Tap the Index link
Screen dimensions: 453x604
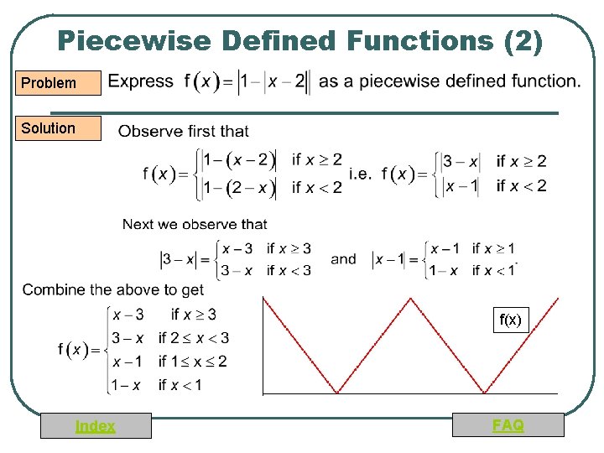pyautogui.click(x=96, y=426)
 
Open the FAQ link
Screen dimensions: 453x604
pyautogui.click(x=508, y=425)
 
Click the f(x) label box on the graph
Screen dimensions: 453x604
pyautogui.click(x=510, y=320)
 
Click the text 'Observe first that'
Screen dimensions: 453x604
pyautogui.click(x=184, y=131)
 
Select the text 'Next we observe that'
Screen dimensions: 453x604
pyautogui.click(x=195, y=224)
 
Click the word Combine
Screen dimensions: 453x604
pyautogui.click(x=52, y=289)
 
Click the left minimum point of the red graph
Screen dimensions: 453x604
pyautogui.click(x=337, y=392)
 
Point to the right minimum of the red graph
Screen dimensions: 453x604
pyautogui.click(x=485, y=392)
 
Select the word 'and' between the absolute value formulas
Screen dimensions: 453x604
pyautogui.click(x=343, y=259)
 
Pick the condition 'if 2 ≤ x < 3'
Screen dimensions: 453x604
pyautogui.click(x=194, y=338)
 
